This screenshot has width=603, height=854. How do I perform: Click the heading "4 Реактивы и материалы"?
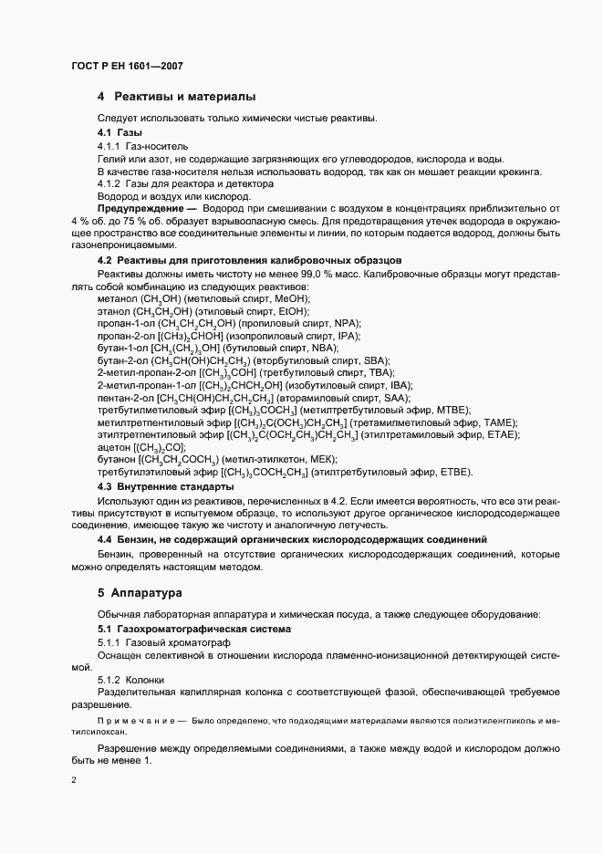point(176,97)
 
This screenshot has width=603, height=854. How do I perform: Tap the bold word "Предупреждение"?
point(135,208)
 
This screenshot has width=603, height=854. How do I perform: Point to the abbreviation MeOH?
point(292,298)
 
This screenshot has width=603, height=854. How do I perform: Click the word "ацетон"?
point(113,447)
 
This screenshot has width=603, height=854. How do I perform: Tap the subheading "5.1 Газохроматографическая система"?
point(194,630)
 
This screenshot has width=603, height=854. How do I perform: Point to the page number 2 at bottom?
point(73,781)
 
